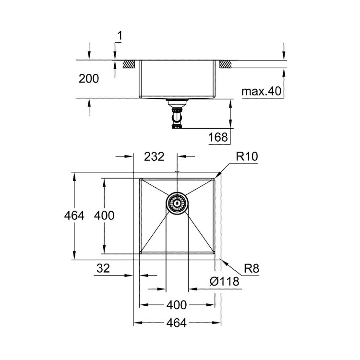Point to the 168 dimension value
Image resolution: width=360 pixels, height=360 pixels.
point(218,138)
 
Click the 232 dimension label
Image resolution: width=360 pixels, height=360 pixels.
point(155,156)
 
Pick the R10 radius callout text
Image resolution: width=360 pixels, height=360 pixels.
point(247,156)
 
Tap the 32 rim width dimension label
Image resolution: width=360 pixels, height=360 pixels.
point(103,268)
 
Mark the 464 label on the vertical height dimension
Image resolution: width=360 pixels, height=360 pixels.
point(74,216)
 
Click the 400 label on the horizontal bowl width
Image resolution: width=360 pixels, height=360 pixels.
point(177,305)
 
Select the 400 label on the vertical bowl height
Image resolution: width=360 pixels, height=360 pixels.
point(104,216)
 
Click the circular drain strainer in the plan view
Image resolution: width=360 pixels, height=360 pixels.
point(177,204)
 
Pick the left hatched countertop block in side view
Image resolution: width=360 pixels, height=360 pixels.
point(128,64)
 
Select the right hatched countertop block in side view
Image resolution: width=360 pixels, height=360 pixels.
point(225,64)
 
